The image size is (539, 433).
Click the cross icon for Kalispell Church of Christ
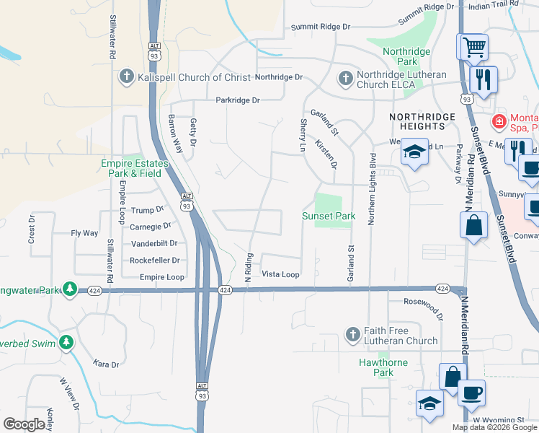126,77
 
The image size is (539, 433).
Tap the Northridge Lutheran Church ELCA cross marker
345,78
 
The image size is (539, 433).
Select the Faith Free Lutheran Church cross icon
352,334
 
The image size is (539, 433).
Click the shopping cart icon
473,48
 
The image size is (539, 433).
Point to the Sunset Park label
329,216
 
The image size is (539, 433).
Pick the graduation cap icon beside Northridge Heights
414,152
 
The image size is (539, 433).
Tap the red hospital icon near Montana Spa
496,121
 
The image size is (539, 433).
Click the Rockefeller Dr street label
154,261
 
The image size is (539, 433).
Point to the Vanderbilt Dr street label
154,243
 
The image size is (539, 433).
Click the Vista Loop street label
280,274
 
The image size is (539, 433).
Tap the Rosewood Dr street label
423,305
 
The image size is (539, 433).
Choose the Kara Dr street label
106,364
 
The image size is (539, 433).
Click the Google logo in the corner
24,424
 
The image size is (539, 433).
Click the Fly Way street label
84,233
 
